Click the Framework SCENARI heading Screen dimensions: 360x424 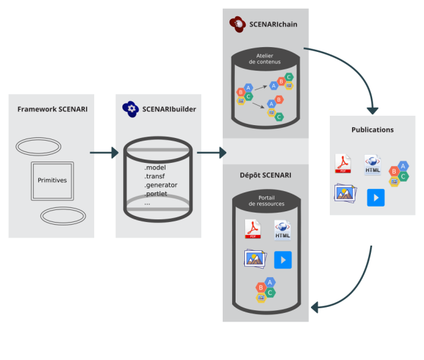[x=52, y=109]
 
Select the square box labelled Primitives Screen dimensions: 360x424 [x=51, y=180]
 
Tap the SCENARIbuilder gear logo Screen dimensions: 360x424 [x=131, y=109]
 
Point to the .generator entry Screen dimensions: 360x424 [x=161, y=185]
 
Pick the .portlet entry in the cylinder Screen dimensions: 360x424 [x=157, y=194]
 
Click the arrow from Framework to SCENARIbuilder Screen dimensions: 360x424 [x=104, y=153]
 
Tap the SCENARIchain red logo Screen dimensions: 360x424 [x=237, y=25]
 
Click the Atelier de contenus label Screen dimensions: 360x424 [x=265, y=59]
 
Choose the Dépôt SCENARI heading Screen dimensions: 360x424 [x=265, y=175]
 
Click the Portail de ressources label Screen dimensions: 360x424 [x=265, y=200]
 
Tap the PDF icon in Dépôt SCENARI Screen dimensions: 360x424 [x=254, y=229]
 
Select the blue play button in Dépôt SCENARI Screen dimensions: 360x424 [x=283, y=260]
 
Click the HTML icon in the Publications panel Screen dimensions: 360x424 [x=373, y=164]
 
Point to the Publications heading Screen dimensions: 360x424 [x=372, y=129]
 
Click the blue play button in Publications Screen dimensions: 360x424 [x=376, y=197]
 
